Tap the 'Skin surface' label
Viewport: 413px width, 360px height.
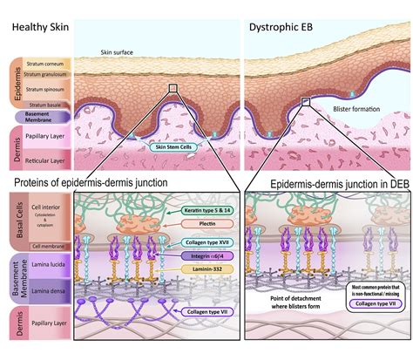pyautogui.click(x=117, y=52)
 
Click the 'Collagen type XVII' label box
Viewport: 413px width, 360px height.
pyautogui.click(x=200, y=241)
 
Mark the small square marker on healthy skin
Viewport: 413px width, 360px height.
pyautogui.click(x=173, y=88)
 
